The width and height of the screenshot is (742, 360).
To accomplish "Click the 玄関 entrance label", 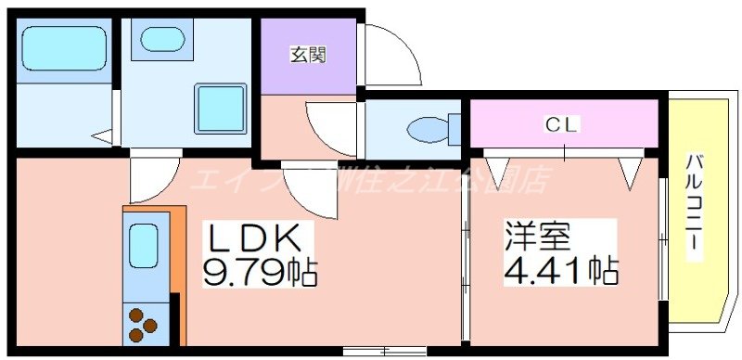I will coord(308,55).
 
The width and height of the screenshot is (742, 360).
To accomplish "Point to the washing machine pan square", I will coord(220,109).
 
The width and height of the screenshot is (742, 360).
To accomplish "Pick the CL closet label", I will coord(562,123).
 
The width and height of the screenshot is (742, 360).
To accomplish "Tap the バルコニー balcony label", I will coord(694,206).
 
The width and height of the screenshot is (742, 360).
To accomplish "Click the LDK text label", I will coord(252,239).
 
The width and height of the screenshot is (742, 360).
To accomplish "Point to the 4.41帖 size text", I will coord(561,271).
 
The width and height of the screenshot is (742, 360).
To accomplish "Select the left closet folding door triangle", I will coord(498,170).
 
